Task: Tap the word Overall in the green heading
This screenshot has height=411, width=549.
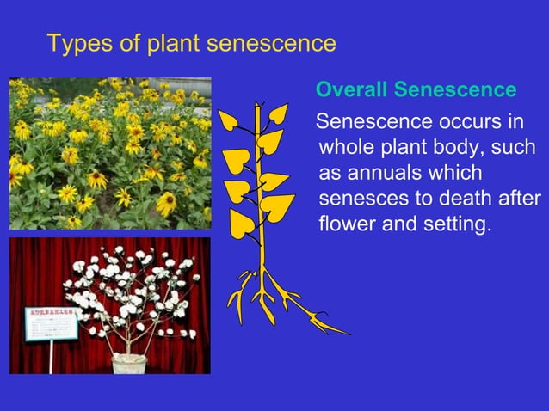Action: click(351, 90)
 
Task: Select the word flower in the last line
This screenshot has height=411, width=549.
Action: click(346, 227)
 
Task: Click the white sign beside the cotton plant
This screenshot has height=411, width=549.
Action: click(50, 323)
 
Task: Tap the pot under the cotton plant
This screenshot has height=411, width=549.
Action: click(130, 364)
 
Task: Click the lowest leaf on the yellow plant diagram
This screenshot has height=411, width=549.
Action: click(243, 224)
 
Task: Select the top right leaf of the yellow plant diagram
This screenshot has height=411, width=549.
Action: click(278, 113)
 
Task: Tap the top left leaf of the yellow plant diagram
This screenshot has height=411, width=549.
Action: click(229, 121)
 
